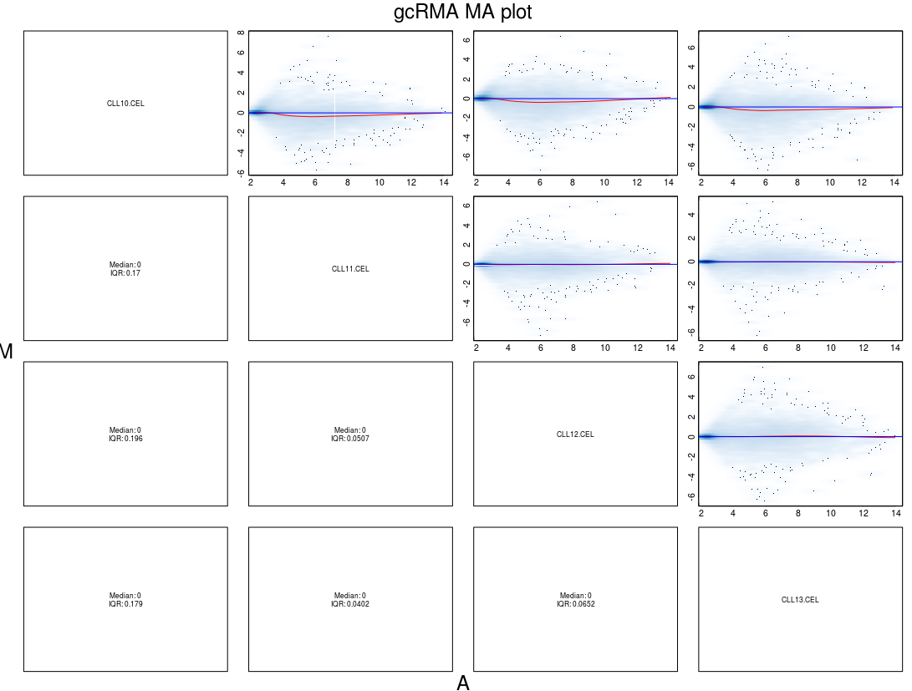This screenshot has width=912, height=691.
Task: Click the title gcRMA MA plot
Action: pos(462,13)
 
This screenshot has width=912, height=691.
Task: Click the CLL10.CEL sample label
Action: pos(125,104)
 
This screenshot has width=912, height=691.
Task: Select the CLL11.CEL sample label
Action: pos(350,269)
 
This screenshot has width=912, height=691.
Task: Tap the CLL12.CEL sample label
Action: pos(575,434)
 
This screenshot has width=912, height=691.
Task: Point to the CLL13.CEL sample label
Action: pos(800,600)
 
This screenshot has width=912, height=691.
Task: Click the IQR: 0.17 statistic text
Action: pos(125,273)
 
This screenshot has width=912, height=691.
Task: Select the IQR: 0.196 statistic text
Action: pos(125,439)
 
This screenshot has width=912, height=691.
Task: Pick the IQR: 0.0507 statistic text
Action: pos(350,439)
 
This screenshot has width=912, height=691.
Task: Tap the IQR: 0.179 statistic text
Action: pos(125,604)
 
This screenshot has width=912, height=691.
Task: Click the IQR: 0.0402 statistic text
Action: pos(350,604)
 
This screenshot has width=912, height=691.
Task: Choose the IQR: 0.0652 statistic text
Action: pos(575,604)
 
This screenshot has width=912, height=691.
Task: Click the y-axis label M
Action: pos(7,352)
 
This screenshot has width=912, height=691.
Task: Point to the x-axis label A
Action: pos(462,683)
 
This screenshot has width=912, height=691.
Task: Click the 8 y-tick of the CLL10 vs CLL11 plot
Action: pos(241,33)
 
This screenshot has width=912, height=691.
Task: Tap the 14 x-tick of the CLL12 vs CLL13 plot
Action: pos(895,513)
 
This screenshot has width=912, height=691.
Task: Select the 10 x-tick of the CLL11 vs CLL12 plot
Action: pos(604,348)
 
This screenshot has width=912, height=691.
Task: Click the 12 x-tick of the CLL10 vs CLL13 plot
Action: pos(863,182)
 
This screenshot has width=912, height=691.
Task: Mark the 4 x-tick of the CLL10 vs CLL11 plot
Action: pos(283,182)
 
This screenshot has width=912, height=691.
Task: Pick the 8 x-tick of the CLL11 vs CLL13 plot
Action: pos(798,348)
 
